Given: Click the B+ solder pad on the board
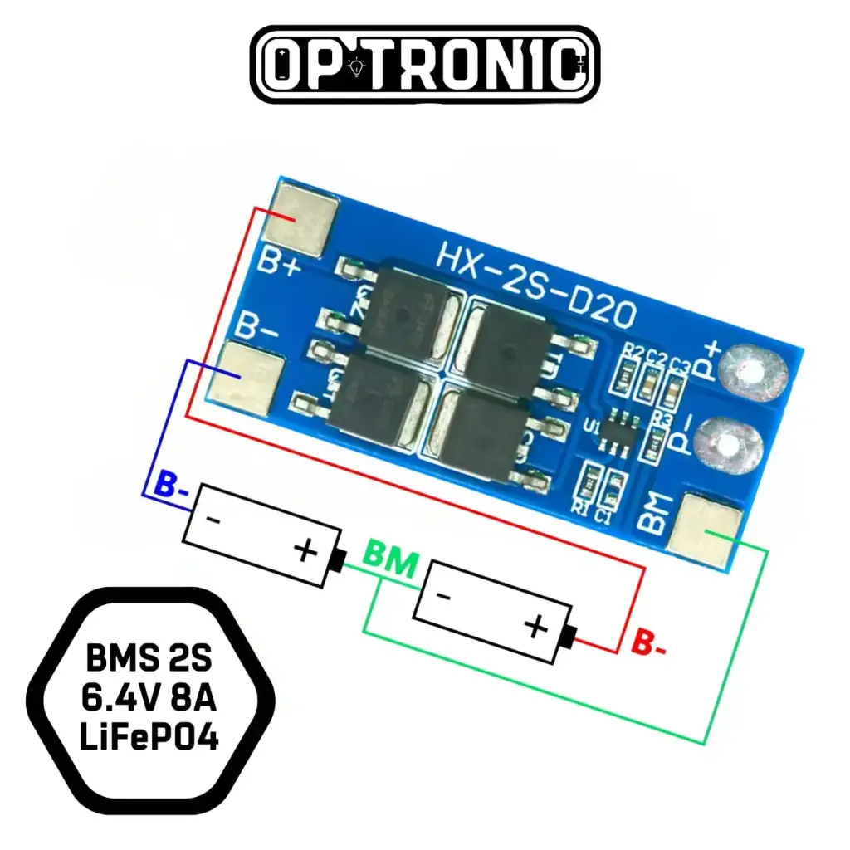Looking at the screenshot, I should click(306, 219).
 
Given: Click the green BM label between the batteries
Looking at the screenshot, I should click(390, 564).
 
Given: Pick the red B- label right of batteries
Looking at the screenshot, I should click(648, 643).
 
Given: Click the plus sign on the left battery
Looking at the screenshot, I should click(306, 550).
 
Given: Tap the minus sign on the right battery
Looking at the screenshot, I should click(445, 597).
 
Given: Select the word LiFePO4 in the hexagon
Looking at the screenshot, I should click(149, 736).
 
